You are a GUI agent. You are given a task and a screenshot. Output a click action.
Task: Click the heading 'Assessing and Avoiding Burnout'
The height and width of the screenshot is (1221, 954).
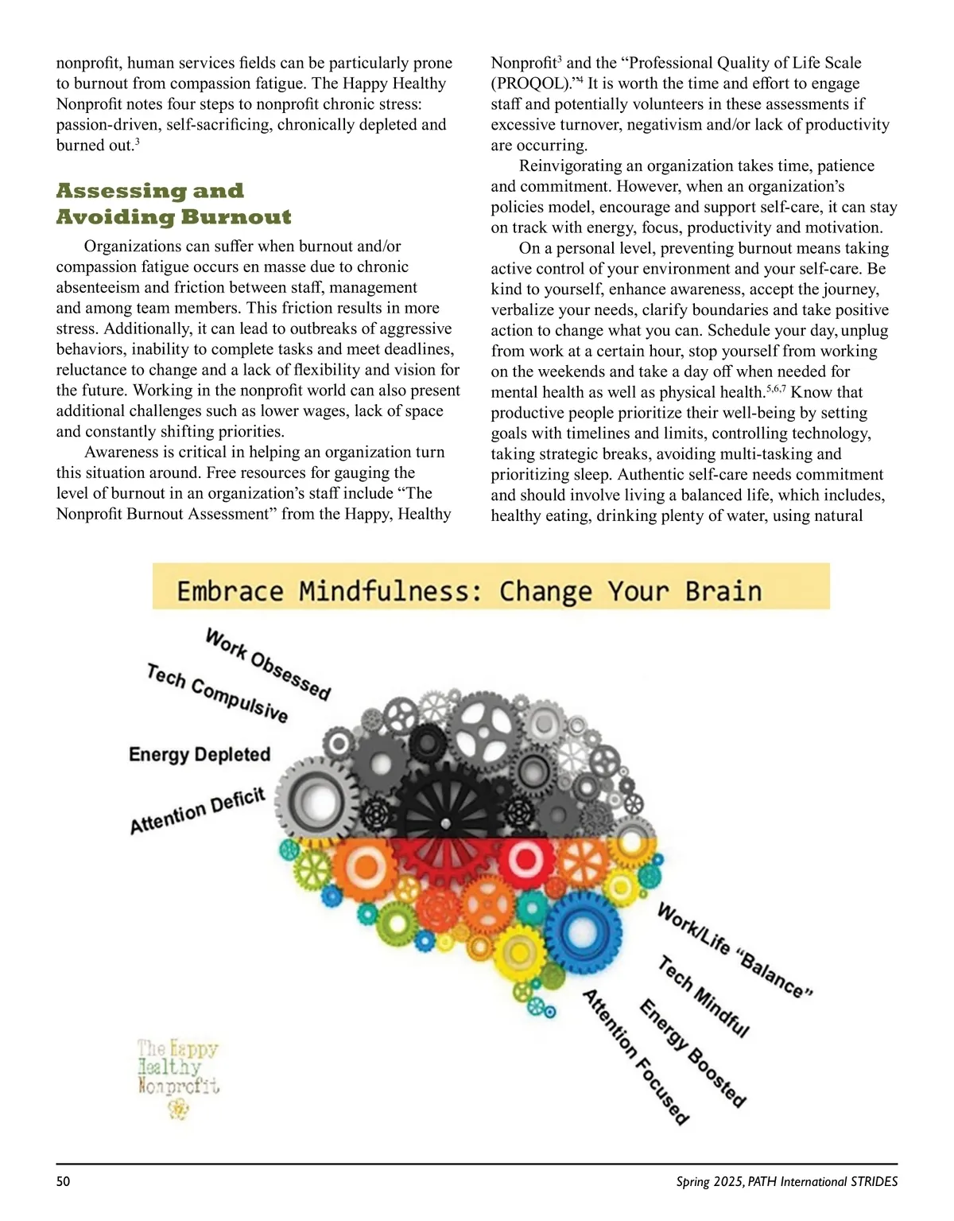173,204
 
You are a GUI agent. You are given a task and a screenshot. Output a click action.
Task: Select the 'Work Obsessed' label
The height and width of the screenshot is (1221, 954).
268,664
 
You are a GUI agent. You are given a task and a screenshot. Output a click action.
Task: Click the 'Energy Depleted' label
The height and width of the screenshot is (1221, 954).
200,754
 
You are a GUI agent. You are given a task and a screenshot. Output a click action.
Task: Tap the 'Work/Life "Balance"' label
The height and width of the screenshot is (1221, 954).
734,950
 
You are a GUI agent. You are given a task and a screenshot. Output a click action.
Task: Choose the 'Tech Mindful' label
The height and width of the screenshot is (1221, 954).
704,997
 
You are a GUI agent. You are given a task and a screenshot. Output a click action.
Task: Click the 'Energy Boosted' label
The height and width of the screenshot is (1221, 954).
692,1053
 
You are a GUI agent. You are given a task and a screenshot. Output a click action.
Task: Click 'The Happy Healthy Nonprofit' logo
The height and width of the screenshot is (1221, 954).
178,1077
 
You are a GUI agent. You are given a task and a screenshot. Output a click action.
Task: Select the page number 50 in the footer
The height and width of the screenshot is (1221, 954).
64,1182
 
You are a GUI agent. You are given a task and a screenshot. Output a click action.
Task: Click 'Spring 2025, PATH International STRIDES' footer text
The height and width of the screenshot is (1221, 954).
786,1182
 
